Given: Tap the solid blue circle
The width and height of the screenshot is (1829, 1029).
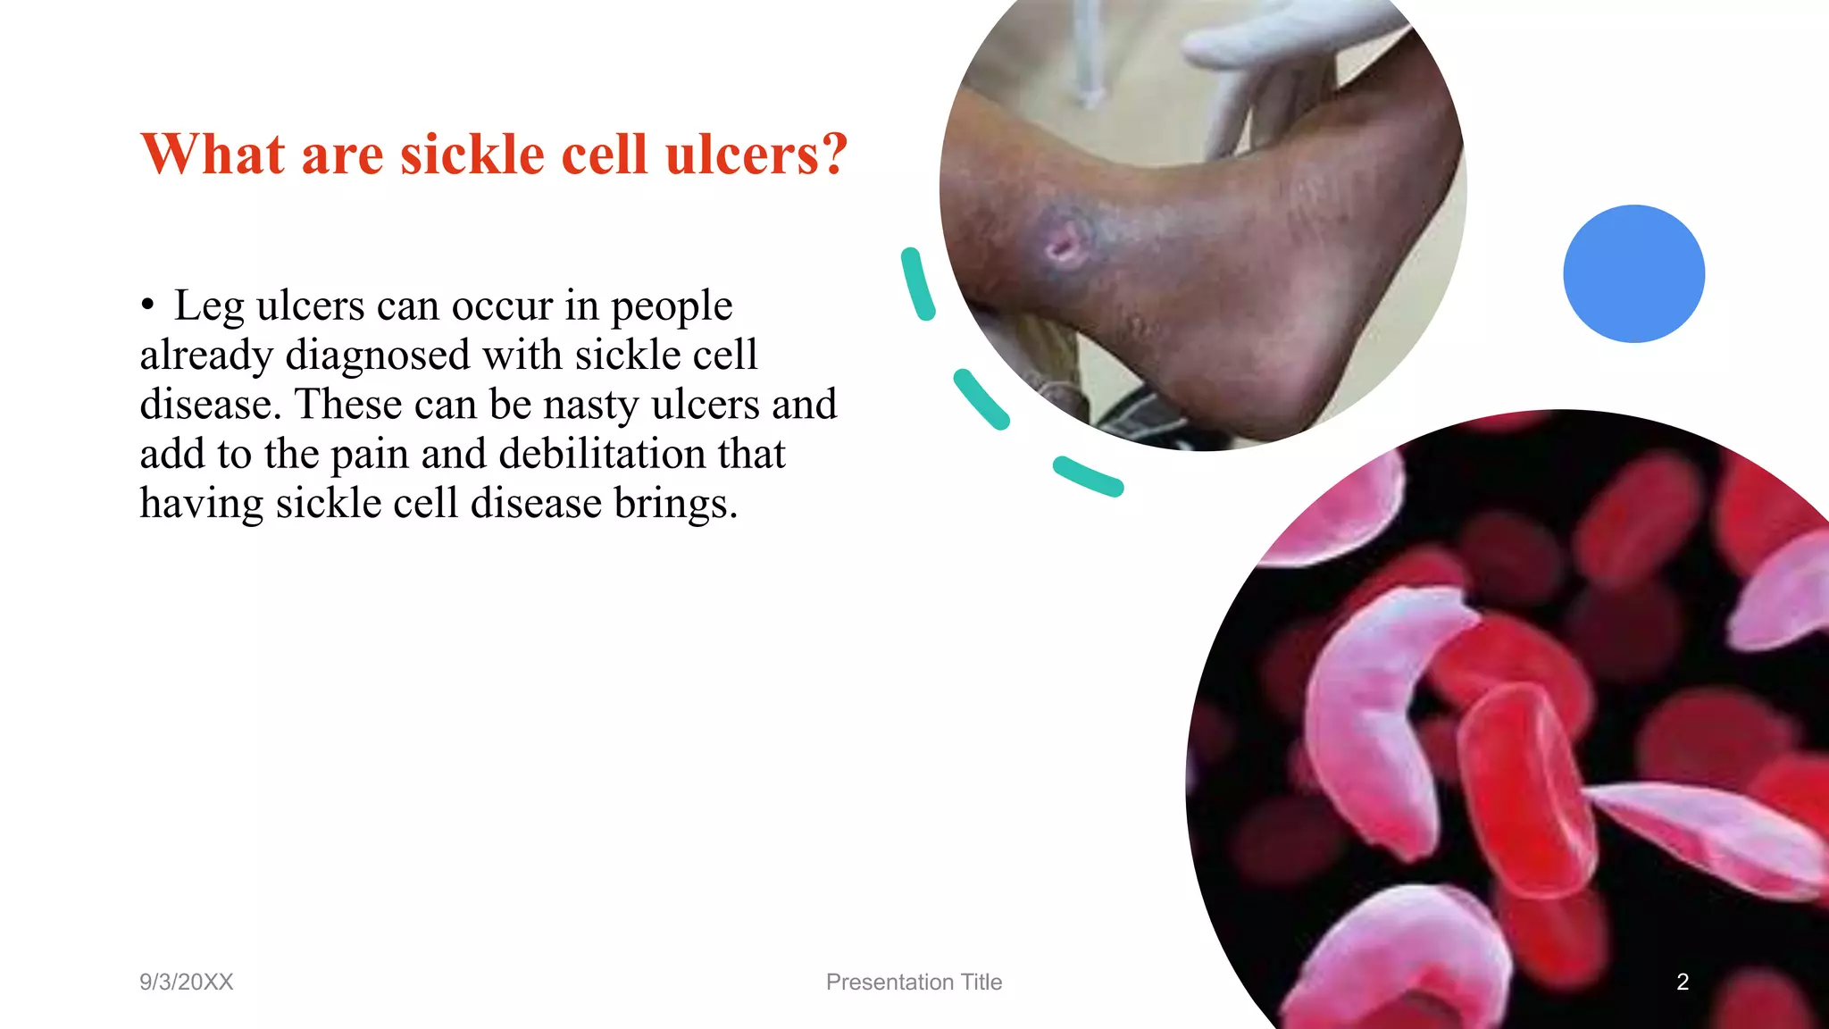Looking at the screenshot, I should (1633, 273).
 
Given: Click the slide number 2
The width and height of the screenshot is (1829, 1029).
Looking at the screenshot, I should (1683, 982).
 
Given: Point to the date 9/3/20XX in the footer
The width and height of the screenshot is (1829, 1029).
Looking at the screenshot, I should (186, 982).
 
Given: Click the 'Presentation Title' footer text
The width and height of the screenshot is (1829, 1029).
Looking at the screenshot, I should (914, 982).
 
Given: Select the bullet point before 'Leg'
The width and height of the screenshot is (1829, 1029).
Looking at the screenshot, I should (147, 305).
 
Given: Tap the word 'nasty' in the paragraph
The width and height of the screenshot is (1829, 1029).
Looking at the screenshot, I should (590, 405).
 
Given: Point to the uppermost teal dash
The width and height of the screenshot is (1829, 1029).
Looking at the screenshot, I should (917, 284).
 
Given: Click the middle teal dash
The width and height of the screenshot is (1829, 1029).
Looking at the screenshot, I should (981, 398).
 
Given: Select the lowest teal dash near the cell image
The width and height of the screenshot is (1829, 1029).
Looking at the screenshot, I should (1088, 475).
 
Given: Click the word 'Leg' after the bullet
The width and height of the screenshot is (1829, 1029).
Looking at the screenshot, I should (207, 306).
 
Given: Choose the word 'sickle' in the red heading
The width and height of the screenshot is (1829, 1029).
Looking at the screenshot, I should (472, 155).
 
